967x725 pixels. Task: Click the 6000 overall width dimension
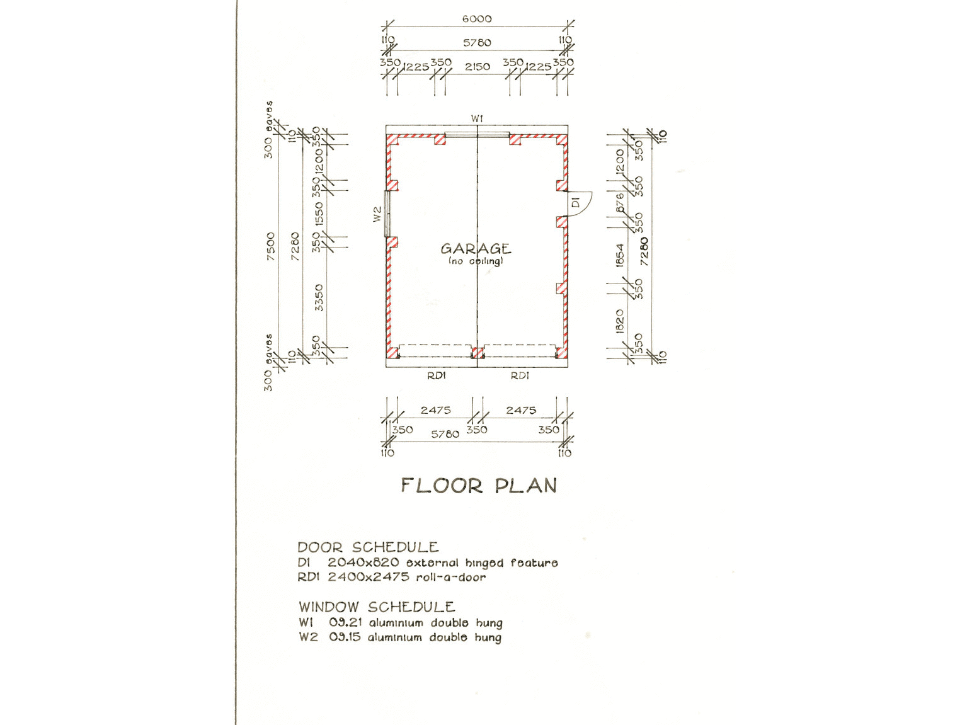coord(477,19)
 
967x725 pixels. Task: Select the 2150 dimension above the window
coord(477,66)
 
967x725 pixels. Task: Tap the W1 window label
coord(477,118)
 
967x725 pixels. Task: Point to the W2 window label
coord(377,214)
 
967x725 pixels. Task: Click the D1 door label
coord(576,203)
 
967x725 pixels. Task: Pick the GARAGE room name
coord(476,249)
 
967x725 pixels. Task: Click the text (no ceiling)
coord(476,261)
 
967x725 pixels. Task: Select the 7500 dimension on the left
coord(271,247)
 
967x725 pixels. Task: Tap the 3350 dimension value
coord(319,297)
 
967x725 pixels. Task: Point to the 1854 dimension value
coord(621,255)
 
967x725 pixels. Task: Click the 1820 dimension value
coord(620,321)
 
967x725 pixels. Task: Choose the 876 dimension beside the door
coord(620,203)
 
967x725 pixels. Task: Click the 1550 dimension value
coord(319,214)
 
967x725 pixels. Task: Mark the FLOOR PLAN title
coord(479,486)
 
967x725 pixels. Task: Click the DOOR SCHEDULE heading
coord(368,547)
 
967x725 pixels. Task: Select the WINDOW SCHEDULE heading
coord(377,607)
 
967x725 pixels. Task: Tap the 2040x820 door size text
coord(363,562)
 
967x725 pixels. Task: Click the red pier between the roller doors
coord(478,353)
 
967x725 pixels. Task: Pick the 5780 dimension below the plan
coord(445,434)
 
